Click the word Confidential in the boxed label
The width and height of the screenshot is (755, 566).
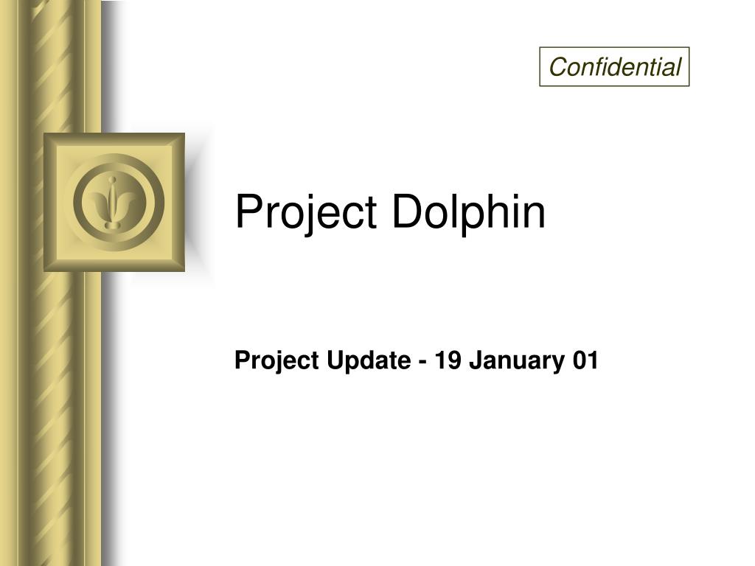point(614,68)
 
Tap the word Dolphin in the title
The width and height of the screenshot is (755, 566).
point(468,212)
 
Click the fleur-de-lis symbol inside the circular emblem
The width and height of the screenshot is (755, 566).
point(113,203)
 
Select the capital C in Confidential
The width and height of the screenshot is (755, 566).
point(557,68)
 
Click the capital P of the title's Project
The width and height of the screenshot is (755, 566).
point(246,212)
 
